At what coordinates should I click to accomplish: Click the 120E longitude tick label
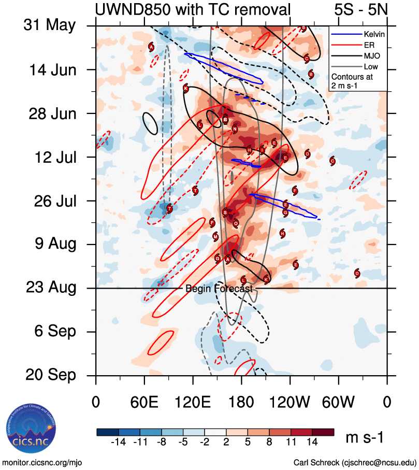193,402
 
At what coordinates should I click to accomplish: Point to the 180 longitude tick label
241,402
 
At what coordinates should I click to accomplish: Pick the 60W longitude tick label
339,402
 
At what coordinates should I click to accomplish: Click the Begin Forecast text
219,289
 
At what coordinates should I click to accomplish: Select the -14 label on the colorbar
119,442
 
